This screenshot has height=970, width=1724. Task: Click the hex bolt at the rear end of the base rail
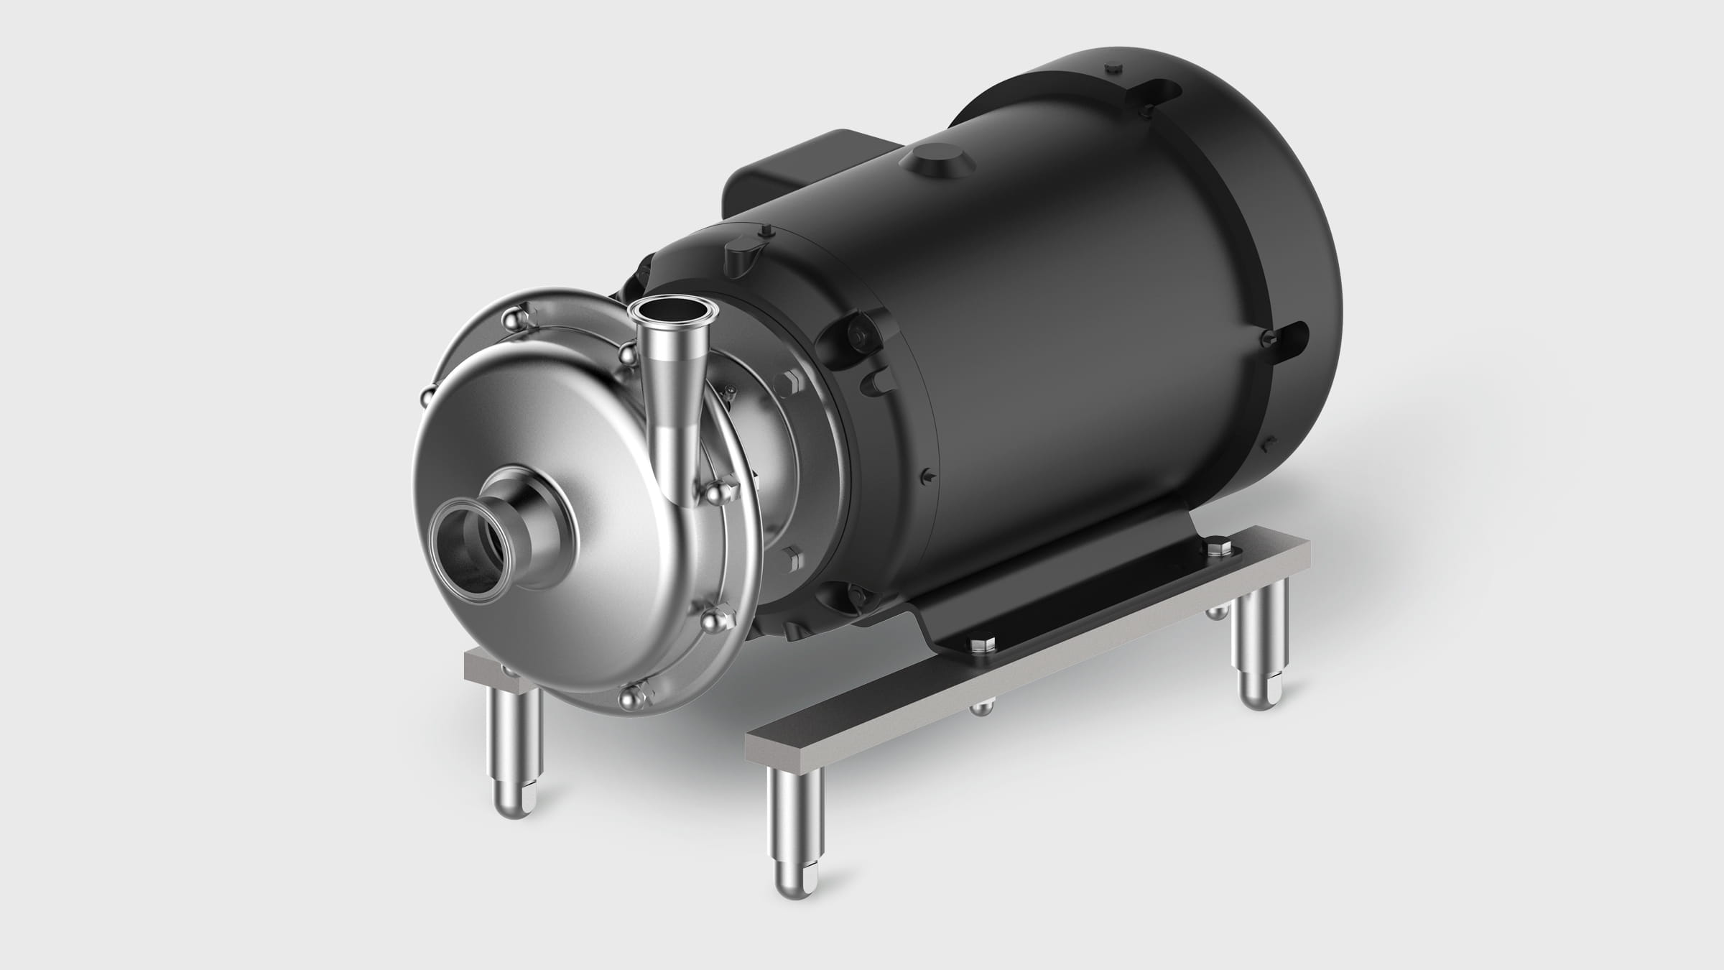click(x=1214, y=550)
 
